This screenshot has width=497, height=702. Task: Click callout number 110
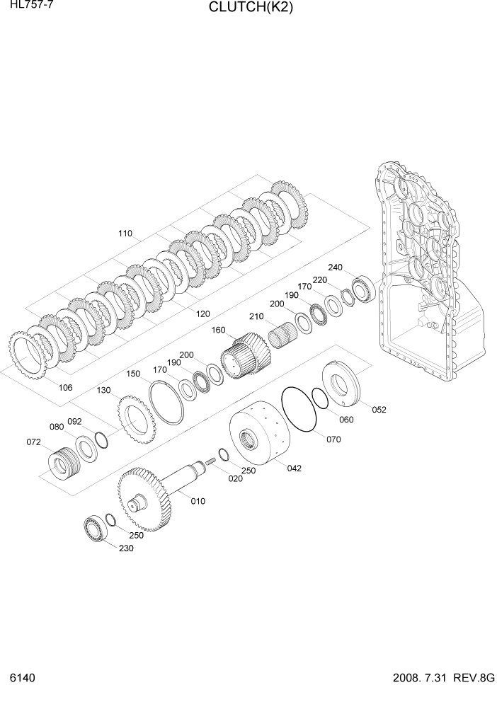[x=125, y=233]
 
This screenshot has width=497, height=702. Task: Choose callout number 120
[x=203, y=313]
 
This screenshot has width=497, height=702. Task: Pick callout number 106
[x=65, y=387]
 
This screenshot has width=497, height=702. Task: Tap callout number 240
[x=335, y=267]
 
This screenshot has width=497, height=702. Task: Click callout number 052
[x=379, y=409]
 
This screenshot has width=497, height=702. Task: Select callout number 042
[x=294, y=468]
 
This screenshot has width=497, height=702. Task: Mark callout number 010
[x=198, y=501]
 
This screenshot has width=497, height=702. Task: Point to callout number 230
[x=125, y=548]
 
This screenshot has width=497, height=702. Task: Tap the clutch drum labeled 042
[x=262, y=436]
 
